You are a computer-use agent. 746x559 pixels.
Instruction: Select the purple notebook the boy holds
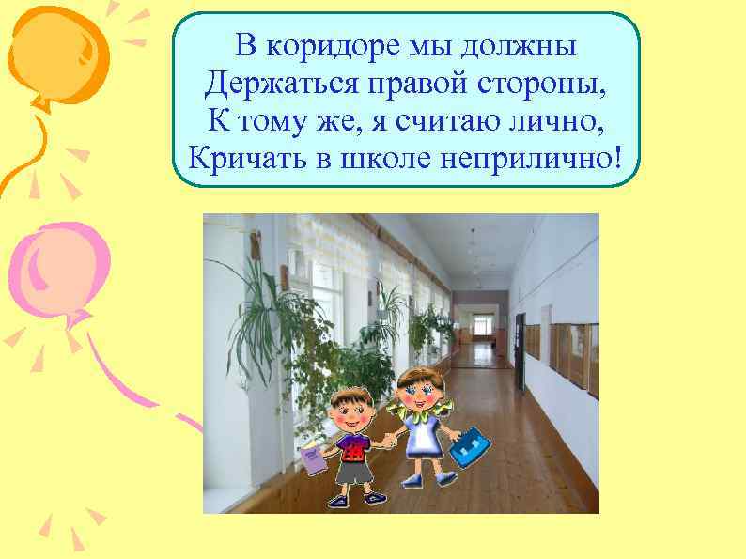[x=311, y=458]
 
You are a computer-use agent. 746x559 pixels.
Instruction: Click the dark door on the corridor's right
[x=520, y=341]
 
